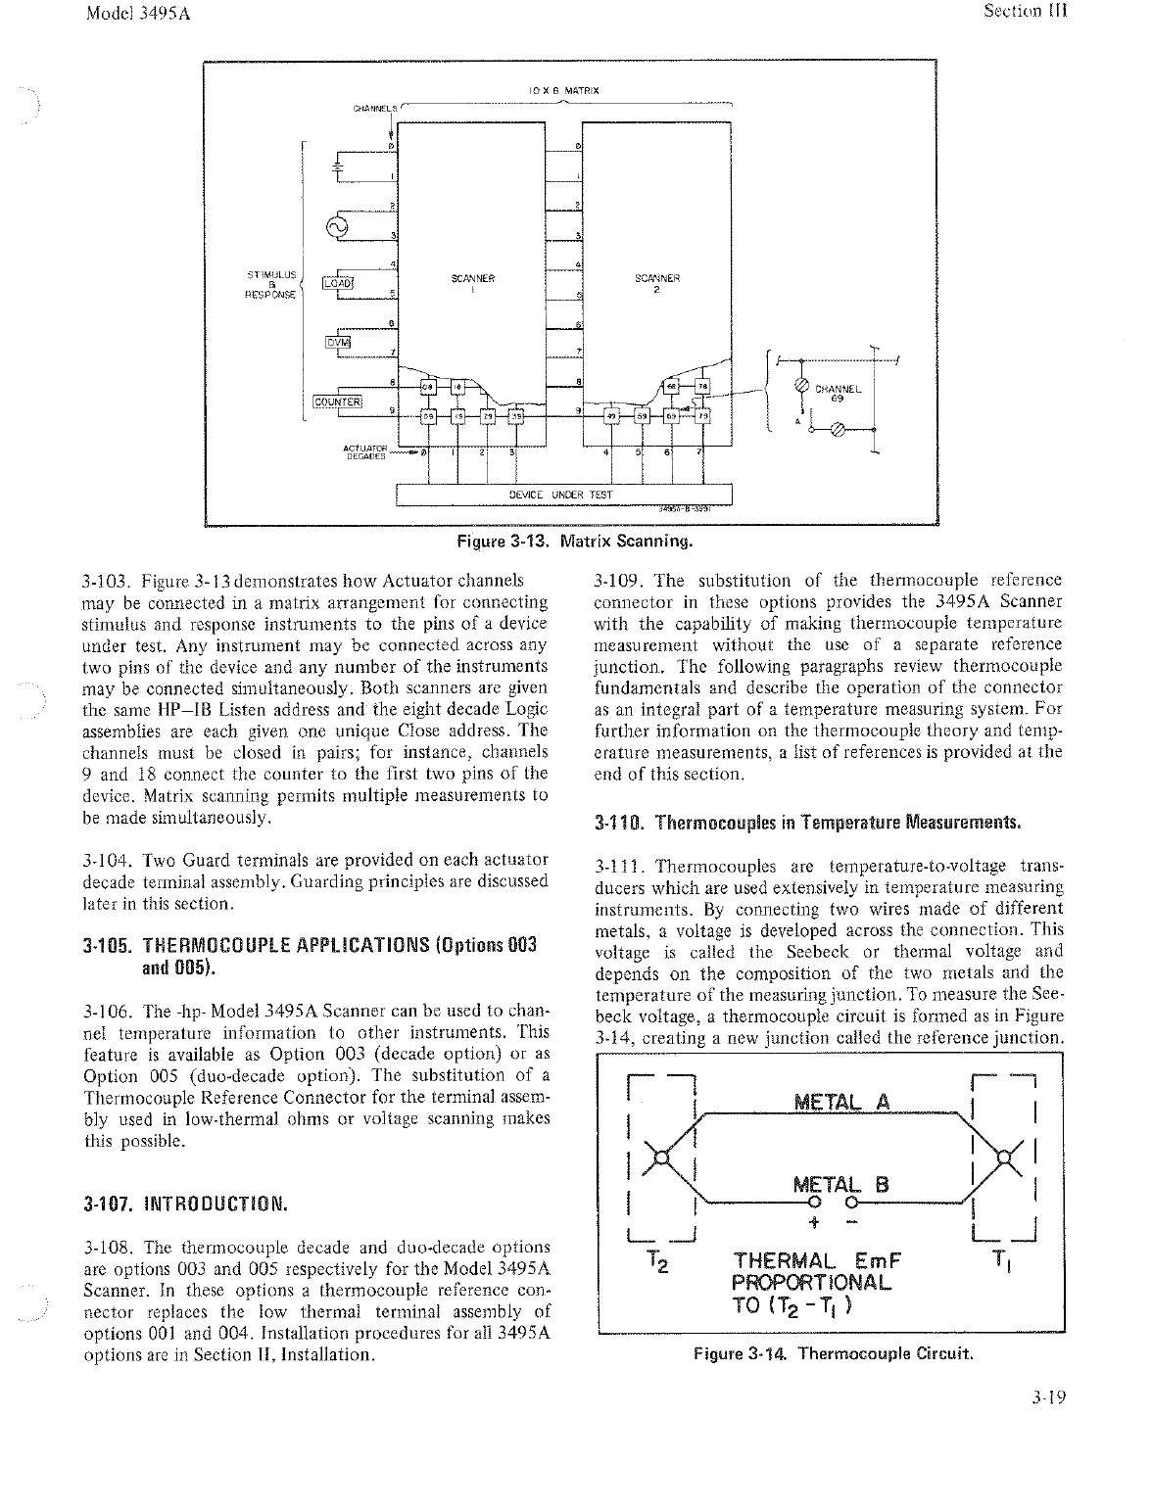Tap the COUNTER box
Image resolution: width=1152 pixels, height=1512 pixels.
pyautogui.click(x=338, y=401)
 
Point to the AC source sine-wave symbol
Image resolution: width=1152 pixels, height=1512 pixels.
pyautogui.click(x=344, y=227)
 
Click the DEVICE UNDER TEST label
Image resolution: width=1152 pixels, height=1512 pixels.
pyautogui.click(x=562, y=495)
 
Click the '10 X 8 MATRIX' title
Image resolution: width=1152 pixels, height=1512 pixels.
pyautogui.click(x=563, y=91)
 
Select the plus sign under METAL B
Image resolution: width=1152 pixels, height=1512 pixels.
pyautogui.click(x=812, y=1222)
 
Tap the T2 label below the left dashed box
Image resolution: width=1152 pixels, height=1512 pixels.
pyautogui.click(x=658, y=1263)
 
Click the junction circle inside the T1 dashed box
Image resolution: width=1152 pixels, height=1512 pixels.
pyautogui.click(x=1002, y=1157)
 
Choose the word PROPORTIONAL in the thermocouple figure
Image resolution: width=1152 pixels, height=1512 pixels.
pyautogui.click(x=812, y=1282)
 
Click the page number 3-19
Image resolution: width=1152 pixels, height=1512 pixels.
pyautogui.click(x=1047, y=1397)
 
